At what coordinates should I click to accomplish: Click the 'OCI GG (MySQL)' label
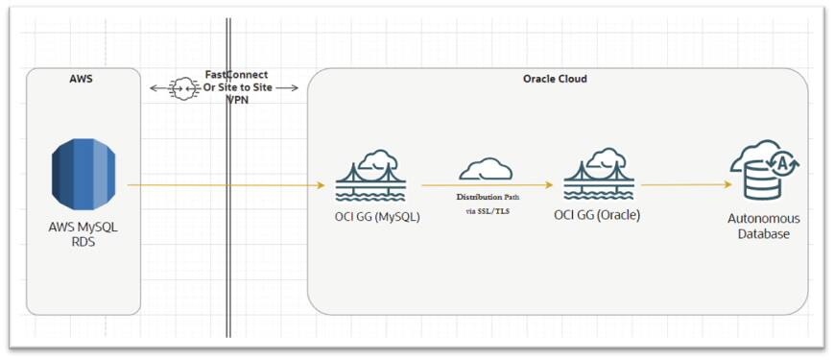click(370, 215)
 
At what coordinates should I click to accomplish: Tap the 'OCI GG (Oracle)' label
click(597, 215)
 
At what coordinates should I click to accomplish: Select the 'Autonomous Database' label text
click(763, 226)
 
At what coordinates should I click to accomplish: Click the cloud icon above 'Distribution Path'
click(485, 170)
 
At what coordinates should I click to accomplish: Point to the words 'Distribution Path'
click(488, 196)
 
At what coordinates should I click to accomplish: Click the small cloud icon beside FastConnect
click(181, 88)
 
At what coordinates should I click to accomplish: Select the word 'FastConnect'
click(236, 75)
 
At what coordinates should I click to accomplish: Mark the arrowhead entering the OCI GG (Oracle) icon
click(549, 185)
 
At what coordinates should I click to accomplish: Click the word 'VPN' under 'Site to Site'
click(236, 100)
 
